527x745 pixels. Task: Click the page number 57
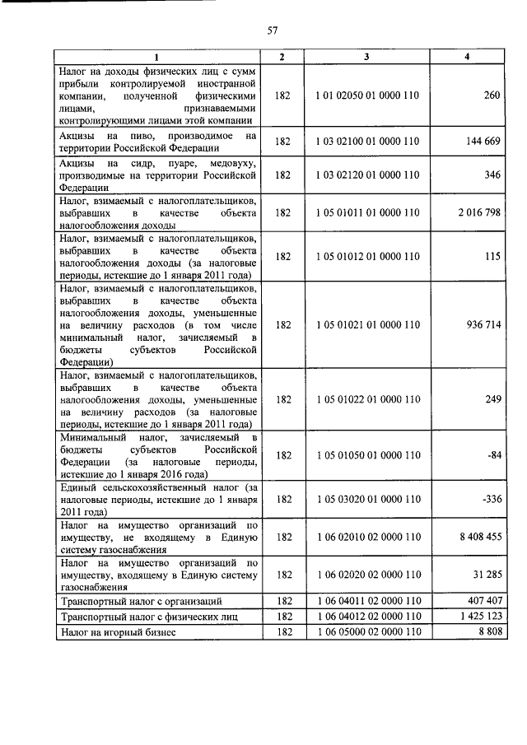tap(273, 30)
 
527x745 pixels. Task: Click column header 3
tap(367, 56)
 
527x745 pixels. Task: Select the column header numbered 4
tap(467, 56)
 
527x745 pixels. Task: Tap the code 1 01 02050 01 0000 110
tap(367, 95)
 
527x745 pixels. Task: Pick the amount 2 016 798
tap(478, 212)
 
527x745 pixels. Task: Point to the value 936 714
tap(481, 324)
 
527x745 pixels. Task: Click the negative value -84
tap(491, 454)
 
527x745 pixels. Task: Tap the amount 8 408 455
tap(478, 536)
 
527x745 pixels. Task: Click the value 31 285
tap(484, 575)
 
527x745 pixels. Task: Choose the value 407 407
tap(481, 601)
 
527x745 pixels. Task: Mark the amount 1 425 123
tap(478, 617)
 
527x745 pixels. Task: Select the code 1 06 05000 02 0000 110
tap(367, 632)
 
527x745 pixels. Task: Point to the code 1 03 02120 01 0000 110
tap(367, 175)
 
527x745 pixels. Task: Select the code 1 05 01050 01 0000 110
tap(367, 454)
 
